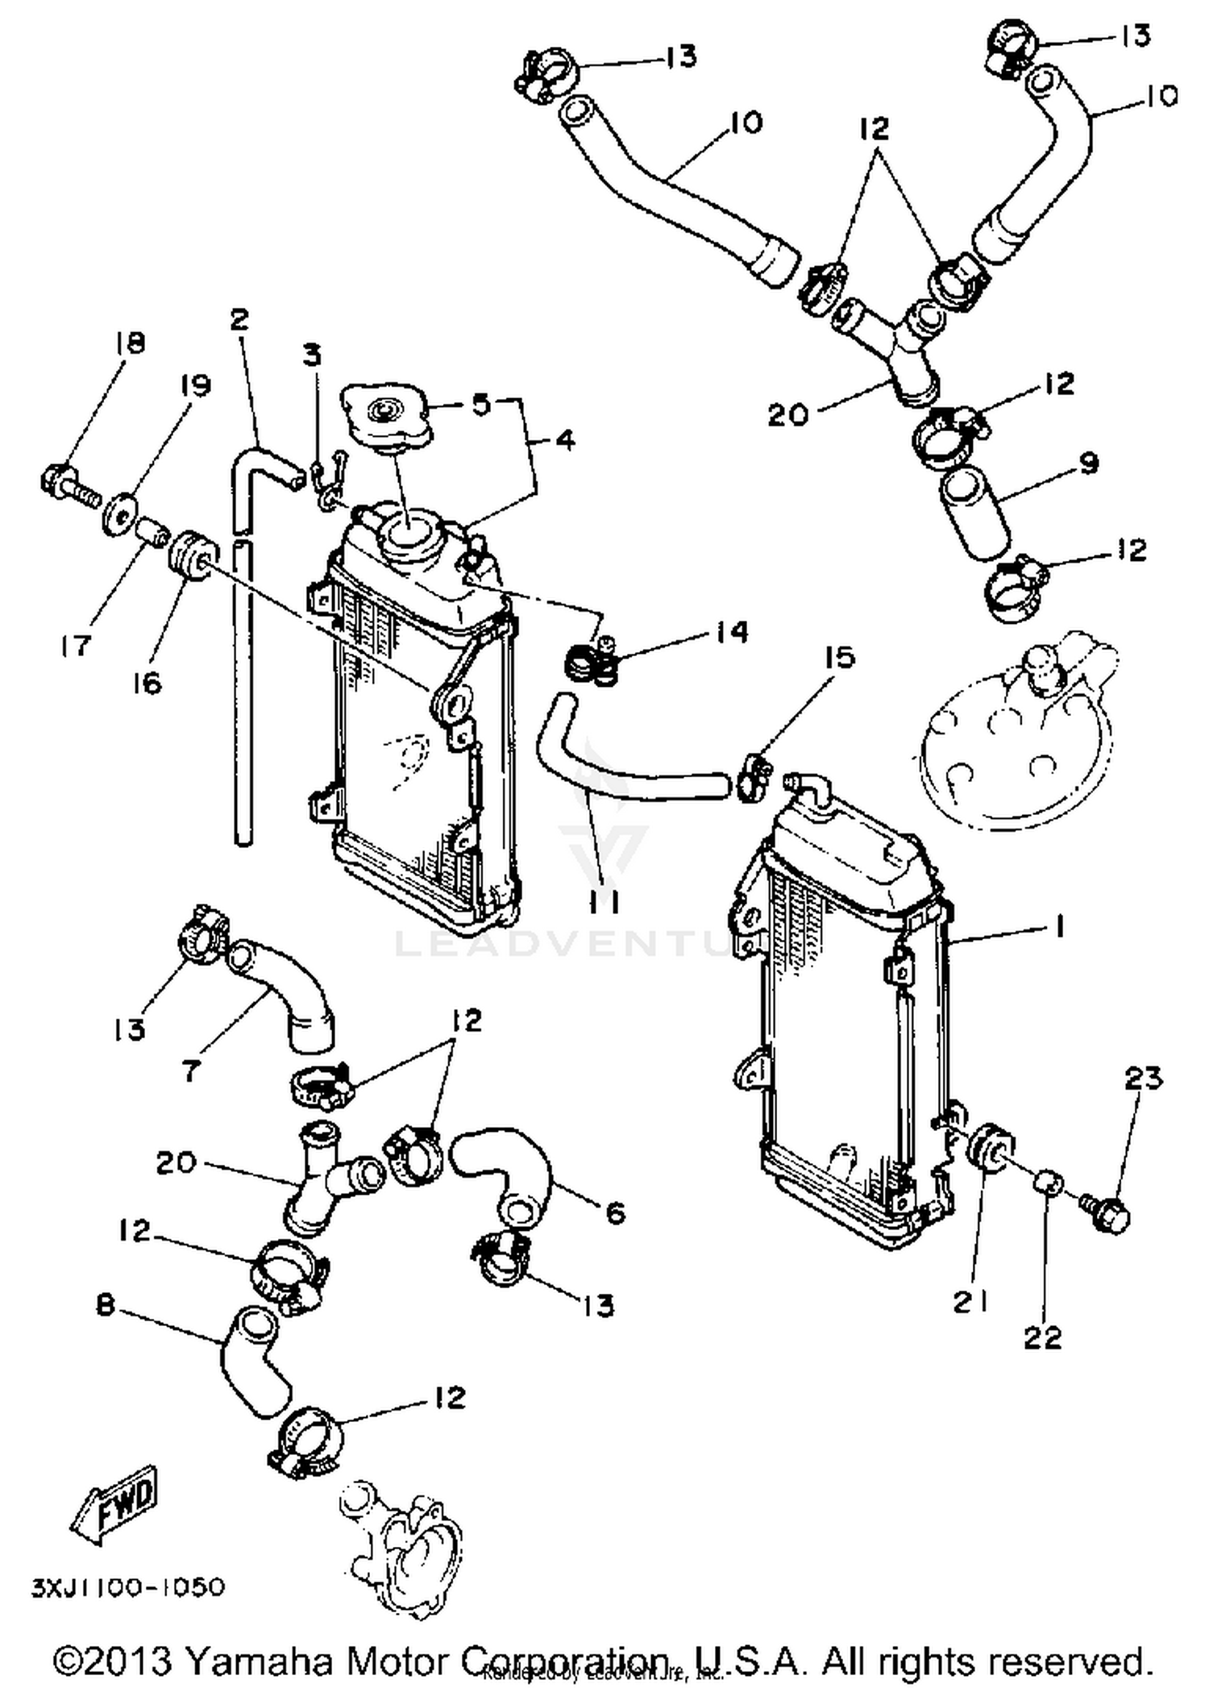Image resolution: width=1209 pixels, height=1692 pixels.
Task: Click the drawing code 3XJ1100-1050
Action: tap(128, 1587)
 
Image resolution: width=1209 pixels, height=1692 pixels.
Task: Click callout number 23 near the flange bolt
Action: tap(1142, 1078)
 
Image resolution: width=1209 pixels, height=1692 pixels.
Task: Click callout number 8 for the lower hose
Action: tap(106, 1304)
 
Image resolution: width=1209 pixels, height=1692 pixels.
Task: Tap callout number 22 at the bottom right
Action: tap(1043, 1337)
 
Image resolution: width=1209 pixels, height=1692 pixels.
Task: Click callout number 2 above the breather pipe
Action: tap(239, 320)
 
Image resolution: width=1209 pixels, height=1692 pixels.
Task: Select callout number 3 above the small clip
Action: tap(312, 355)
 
